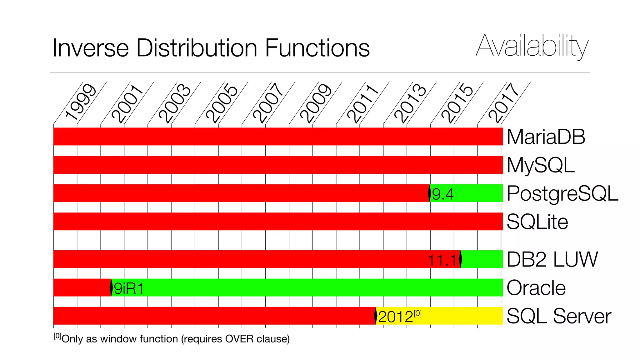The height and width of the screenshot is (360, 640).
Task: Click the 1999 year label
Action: click(80, 102)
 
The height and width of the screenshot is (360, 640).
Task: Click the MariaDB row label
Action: click(546, 137)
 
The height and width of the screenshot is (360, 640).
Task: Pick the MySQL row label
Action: click(541, 165)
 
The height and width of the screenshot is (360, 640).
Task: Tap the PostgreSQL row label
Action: click(562, 193)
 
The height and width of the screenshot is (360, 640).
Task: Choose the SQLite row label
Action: click(537, 222)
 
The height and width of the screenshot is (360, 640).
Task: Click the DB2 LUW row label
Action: click(552, 259)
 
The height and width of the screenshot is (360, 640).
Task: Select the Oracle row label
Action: click(536, 288)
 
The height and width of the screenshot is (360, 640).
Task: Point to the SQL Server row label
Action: click(558, 316)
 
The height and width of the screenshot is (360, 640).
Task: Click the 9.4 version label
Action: click(442, 194)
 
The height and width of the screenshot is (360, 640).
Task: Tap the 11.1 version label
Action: click(442, 260)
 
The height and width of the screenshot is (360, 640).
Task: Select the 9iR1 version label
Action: click(128, 288)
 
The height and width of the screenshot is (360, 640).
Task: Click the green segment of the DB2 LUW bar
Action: click(482, 259)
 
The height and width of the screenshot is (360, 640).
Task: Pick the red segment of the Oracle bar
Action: click(82, 287)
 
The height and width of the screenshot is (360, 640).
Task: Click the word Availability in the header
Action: click(532, 47)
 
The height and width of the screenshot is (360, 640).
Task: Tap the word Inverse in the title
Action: click(91, 48)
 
